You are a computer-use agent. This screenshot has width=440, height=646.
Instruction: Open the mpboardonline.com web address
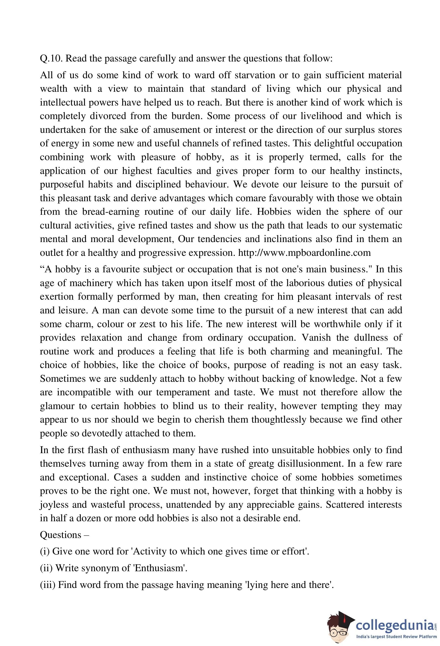pos(305,253)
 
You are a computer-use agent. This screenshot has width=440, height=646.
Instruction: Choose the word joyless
pos(54,505)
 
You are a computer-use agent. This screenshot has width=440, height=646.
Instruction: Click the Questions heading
pos(61,535)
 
